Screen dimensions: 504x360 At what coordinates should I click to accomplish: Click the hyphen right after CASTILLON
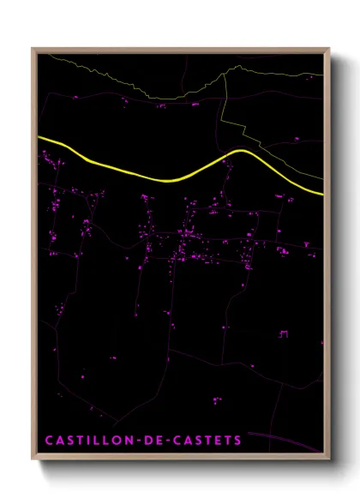135,440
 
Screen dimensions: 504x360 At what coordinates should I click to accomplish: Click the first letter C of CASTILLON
48,440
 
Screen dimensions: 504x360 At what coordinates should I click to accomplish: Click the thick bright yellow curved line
171,178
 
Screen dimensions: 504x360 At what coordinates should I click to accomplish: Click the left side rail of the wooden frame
33,257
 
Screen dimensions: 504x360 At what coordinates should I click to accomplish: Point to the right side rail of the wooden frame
327,257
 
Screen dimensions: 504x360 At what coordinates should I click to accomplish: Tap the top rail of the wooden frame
180,49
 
